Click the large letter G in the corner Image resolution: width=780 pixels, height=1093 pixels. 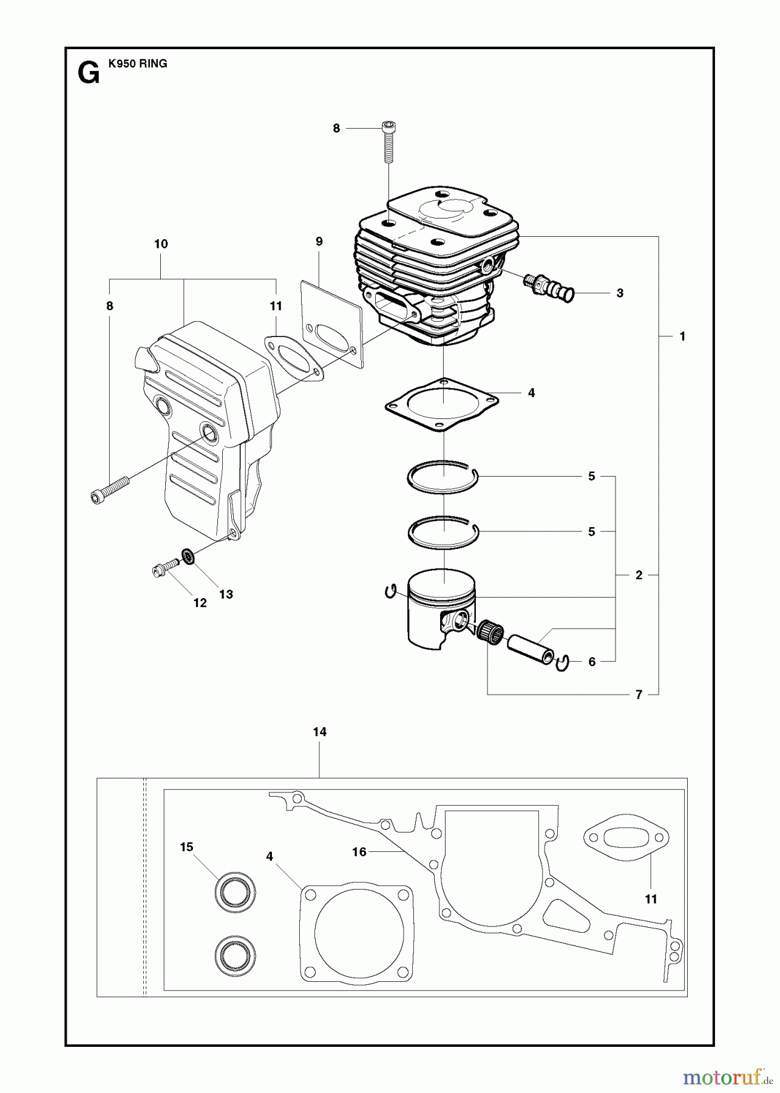[x=89, y=74]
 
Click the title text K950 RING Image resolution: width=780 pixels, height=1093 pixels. [x=138, y=64]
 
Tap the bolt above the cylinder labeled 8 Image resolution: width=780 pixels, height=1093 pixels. [x=388, y=143]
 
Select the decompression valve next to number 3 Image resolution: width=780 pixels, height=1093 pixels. [x=548, y=287]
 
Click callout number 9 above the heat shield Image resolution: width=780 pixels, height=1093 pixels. [x=319, y=242]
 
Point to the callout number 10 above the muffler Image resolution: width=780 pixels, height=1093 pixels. [x=161, y=244]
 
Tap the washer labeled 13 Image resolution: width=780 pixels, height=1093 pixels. [x=188, y=556]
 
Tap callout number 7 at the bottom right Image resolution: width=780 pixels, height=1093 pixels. [x=639, y=695]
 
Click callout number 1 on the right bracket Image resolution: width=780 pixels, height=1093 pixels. [x=682, y=336]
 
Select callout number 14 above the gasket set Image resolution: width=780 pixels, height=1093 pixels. [x=320, y=732]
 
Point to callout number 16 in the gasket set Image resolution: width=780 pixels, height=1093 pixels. [x=359, y=852]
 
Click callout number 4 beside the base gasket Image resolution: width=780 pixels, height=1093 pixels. [x=531, y=393]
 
